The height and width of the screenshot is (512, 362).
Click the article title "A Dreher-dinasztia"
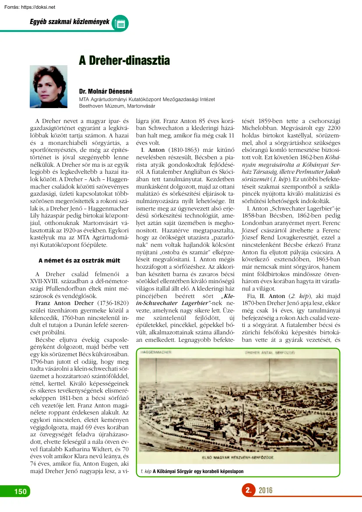pyautogui.click(x=124, y=60)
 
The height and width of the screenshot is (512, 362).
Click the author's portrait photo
pyautogui.click(x=48, y=87)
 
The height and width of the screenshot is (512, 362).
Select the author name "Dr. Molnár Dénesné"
pyautogui.click(x=105, y=92)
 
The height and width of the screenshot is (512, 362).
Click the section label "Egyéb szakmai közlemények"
pyautogui.click(x=69, y=21)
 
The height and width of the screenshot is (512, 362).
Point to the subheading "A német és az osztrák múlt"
pyautogui.click(x=79, y=260)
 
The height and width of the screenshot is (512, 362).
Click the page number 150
pyautogui.click(x=20, y=491)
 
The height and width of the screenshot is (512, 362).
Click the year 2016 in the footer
pyautogui.click(x=265, y=491)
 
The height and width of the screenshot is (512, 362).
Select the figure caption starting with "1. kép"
pyautogui.click(x=192, y=471)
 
